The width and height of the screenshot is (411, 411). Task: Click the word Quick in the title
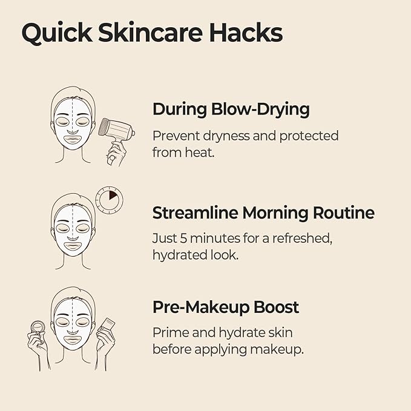coord(57,33)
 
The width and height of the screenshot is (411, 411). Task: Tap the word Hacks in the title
coord(246,32)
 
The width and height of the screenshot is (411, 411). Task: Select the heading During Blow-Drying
coord(231,110)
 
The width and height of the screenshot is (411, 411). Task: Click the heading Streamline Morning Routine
coord(263,212)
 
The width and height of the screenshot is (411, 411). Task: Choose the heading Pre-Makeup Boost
coord(226,307)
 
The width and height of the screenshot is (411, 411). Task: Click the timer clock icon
coord(109,200)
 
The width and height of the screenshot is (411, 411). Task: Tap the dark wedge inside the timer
coord(113,195)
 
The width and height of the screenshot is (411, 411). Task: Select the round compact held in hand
coord(38,327)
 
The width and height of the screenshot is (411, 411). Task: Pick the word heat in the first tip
coord(200,153)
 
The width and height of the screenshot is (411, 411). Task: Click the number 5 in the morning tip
coord(183,238)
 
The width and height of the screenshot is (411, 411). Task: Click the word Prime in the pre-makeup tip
coord(170,333)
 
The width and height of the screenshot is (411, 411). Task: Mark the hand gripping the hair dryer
coord(116,154)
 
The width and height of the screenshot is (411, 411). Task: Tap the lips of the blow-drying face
coord(73,140)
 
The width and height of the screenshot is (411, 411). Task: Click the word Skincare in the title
coord(151,32)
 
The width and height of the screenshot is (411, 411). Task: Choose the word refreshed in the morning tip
coord(302,238)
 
